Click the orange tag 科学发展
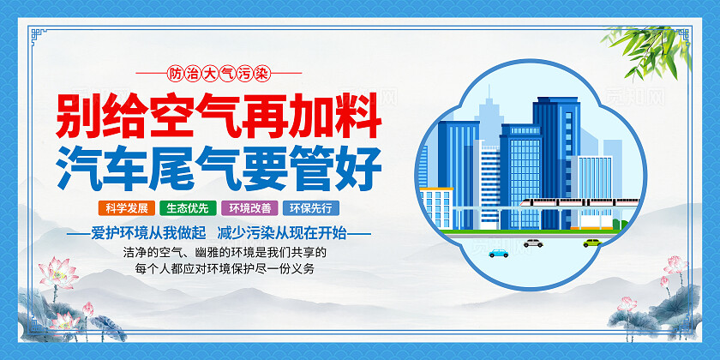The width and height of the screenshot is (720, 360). (x=126, y=207)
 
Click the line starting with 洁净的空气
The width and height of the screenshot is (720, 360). (x=225, y=253)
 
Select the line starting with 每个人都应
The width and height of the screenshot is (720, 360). (x=225, y=269)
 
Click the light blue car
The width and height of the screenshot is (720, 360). (x=497, y=253)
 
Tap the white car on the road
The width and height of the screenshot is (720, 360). (x=533, y=243)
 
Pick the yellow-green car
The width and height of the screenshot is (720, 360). (x=591, y=243)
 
